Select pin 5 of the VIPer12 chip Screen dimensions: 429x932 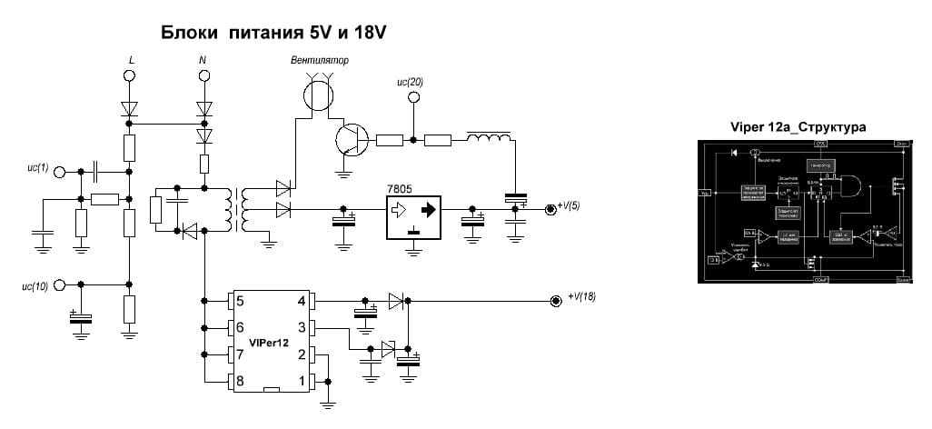[240, 301]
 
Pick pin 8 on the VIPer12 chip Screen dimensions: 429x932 [240, 381]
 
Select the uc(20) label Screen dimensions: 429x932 [411, 82]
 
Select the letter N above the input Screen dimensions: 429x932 [202, 61]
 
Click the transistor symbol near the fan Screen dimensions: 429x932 [350, 140]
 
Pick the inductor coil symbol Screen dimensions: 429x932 [488, 139]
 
